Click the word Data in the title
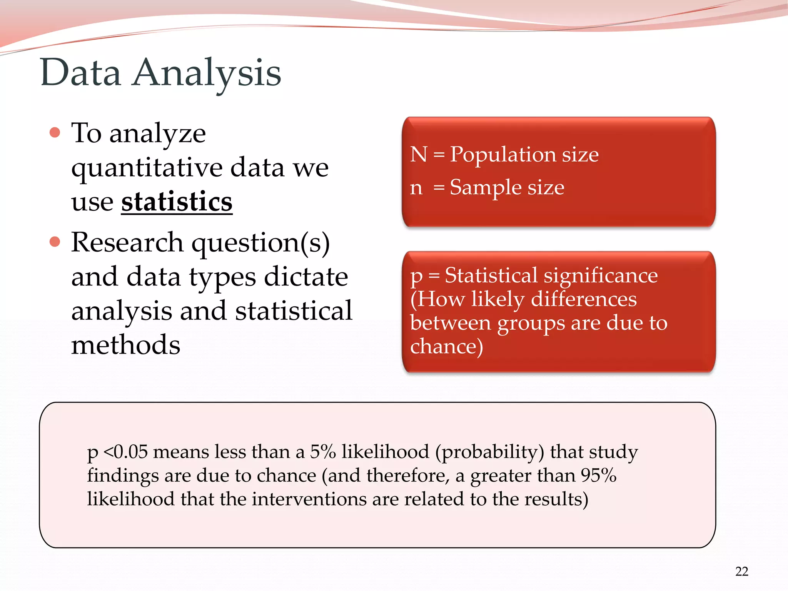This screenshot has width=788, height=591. pos(81,72)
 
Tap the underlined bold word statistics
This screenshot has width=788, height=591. pos(177,202)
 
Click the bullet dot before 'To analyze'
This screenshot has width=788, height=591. pos(55,133)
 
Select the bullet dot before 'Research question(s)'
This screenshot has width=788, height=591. pos(55,242)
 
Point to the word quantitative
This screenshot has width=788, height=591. pos(147,168)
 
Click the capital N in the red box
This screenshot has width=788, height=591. pos(419,154)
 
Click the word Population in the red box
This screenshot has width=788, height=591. pos(503,155)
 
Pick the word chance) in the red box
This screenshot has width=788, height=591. pos(446,346)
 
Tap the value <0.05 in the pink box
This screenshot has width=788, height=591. pos(126,452)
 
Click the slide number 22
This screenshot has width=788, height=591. pos(741,571)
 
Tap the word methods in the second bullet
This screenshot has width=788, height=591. pos(125,345)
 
